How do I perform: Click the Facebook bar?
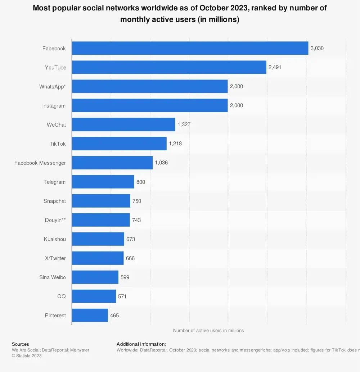tap(190, 48)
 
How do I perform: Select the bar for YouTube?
tap(169, 67)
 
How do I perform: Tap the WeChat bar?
tap(123, 124)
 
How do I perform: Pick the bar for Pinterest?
tap(90, 315)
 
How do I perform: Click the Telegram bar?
tap(103, 182)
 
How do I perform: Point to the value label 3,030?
tap(317, 48)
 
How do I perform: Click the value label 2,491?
tap(275, 67)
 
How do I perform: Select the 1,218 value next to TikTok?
tap(175, 144)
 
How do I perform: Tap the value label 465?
tap(114, 316)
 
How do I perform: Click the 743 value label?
tap(136, 220)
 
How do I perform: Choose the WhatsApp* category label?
tap(53, 86)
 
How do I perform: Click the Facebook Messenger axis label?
tap(40, 163)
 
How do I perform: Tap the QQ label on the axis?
tap(61, 296)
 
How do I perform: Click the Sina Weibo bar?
tap(95, 277)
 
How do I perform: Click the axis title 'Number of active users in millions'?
tap(208, 330)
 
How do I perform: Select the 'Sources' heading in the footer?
tap(21, 344)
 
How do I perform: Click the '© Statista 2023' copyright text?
tap(27, 356)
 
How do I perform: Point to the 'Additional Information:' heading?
tap(141, 344)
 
